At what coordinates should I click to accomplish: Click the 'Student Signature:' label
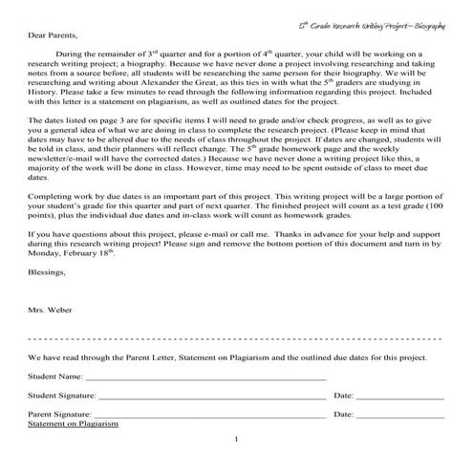[x=61, y=396]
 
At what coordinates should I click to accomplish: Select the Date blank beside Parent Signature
[x=399, y=416]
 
